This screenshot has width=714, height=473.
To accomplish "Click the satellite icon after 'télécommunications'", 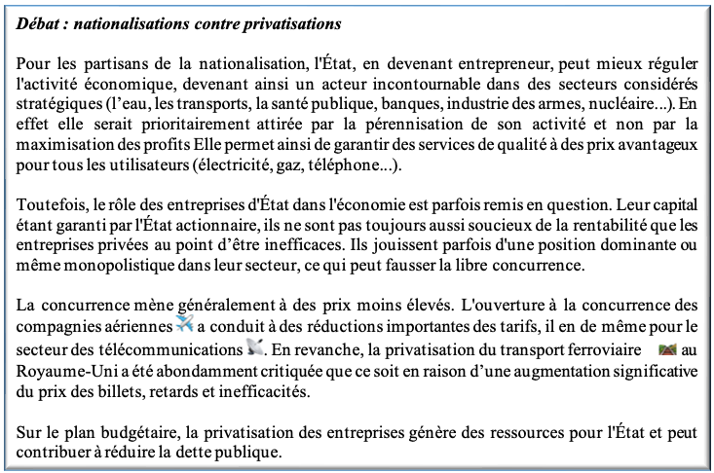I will coord(255,347).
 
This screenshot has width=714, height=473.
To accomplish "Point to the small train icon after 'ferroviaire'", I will coord(668,347).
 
